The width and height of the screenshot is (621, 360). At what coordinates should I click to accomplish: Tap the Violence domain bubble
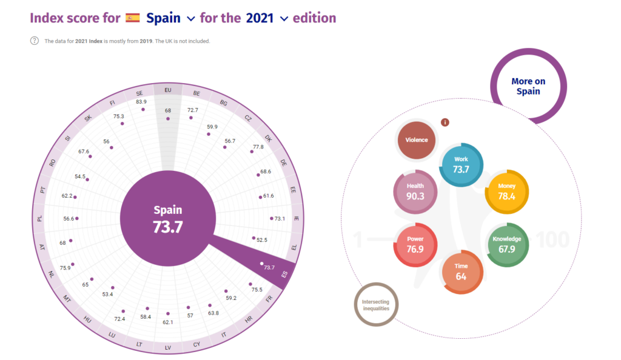coord(417,140)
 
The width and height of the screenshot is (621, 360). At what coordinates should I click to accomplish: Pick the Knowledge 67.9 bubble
coord(507,244)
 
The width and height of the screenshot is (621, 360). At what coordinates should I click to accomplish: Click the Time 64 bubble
coord(461,273)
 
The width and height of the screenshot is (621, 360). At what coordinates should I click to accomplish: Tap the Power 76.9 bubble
coord(415,244)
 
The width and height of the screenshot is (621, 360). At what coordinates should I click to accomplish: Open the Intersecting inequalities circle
coord(376,305)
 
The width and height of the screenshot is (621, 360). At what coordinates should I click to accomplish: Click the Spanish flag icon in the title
coord(133,18)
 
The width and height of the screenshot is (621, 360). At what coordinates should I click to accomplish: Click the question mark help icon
coord(35,41)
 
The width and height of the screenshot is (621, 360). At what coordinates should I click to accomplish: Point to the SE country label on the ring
coord(139,93)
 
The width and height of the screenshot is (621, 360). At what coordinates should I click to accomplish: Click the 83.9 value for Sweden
coord(141,102)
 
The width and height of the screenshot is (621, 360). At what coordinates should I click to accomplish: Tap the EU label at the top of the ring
coord(168,90)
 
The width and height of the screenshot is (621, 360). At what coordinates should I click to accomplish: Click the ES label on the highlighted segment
coord(284,275)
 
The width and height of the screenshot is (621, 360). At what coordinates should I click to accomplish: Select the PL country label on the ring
coord(40,218)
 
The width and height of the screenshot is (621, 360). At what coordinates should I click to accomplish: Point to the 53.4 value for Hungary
coord(108,294)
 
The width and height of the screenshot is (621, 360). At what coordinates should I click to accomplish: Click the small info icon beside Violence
coord(445,122)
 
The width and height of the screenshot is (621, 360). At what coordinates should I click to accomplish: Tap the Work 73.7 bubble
coord(462,165)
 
